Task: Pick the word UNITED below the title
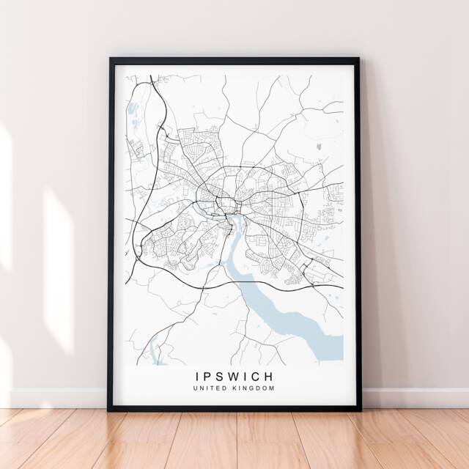click(210, 388)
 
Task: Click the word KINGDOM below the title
click(253, 388)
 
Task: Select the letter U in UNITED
click(196, 388)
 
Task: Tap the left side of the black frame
click(112, 234)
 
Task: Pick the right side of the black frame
click(356, 234)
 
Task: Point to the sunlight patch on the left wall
click(59, 242)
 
